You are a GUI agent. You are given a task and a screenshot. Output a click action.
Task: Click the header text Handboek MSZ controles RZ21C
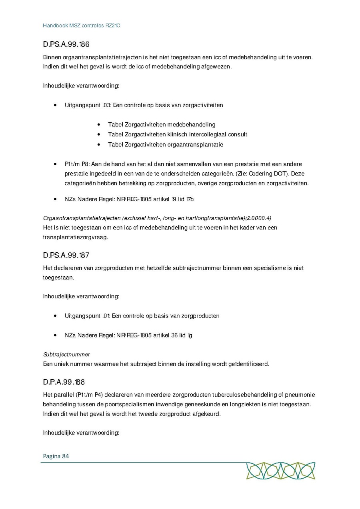(x=82, y=26)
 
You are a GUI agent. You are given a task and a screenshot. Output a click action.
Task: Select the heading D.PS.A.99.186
(x=66, y=45)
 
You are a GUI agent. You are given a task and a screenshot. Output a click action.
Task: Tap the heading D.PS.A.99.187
(x=66, y=255)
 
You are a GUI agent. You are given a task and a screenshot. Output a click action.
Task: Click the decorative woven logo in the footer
(x=280, y=471)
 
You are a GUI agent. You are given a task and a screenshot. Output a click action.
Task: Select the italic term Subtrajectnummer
(x=66, y=355)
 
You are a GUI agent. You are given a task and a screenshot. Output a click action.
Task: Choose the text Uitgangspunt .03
(x=87, y=105)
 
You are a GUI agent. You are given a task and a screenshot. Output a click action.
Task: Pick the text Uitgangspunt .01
(x=87, y=316)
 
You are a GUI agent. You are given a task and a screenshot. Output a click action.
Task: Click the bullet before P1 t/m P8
(x=55, y=164)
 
